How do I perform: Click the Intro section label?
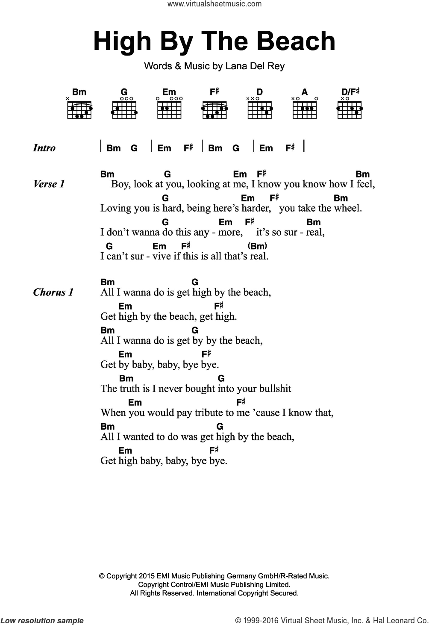click(x=44, y=148)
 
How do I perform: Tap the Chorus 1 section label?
click(x=53, y=292)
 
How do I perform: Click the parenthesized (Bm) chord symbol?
click(x=257, y=246)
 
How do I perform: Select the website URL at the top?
click(x=214, y=4)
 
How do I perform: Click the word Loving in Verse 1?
click(x=114, y=209)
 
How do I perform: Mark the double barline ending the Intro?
click(x=305, y=146)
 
